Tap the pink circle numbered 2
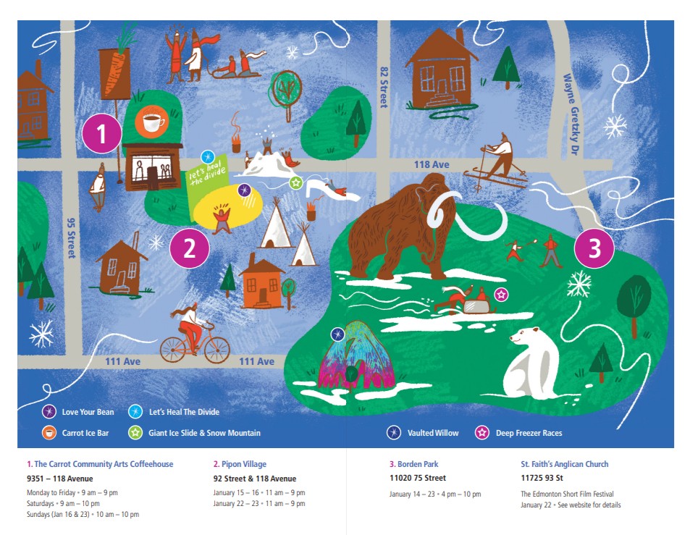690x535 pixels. (x=190, y=249)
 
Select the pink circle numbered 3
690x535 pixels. (x=594, y=249)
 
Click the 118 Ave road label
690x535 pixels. (x=432, y=165)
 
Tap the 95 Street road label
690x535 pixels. (x=71, y=240)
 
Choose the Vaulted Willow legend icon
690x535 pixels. (x=394, y=433)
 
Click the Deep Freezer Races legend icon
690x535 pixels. (x=481, y=433)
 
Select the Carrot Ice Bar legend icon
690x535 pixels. (x=48, y=433)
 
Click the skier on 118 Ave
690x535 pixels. (x=499, y=160)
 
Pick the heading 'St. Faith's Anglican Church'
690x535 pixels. (x=565, y=464)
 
